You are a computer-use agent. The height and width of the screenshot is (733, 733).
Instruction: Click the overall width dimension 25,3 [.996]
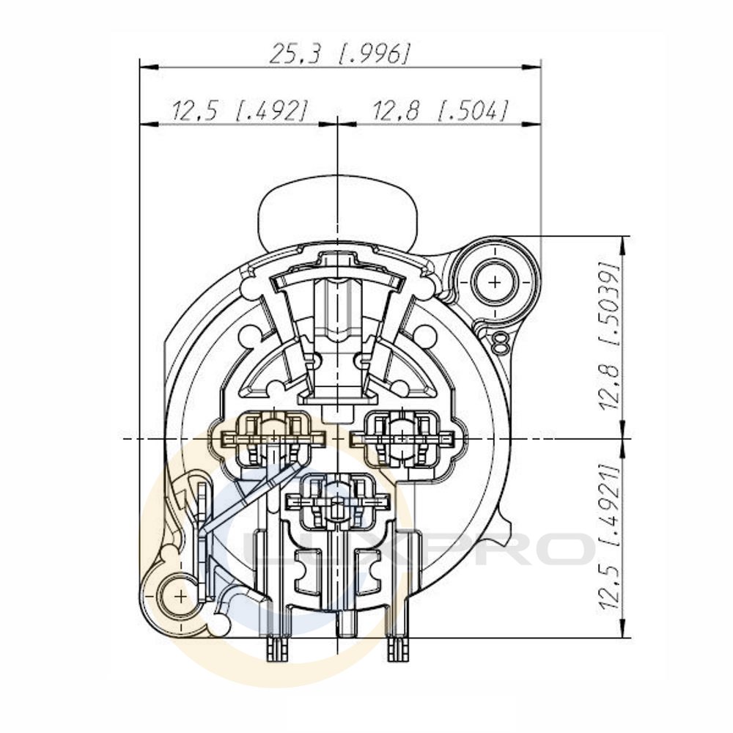tap(340, 54)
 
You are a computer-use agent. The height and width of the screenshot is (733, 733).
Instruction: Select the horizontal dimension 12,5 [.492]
tap(240, 111)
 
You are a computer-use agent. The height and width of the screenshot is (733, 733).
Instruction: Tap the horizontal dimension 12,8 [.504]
tap(439, 111)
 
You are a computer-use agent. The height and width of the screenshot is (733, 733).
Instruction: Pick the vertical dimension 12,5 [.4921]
tap(610, 537)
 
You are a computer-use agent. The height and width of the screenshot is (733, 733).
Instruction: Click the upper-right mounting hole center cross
tap(495, 282)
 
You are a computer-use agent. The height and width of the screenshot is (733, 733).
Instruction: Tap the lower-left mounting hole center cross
tap(180, 597)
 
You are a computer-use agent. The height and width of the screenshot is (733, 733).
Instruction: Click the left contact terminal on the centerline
tap(274, 439)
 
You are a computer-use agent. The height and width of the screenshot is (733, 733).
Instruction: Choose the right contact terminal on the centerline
tap(402, 439)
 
